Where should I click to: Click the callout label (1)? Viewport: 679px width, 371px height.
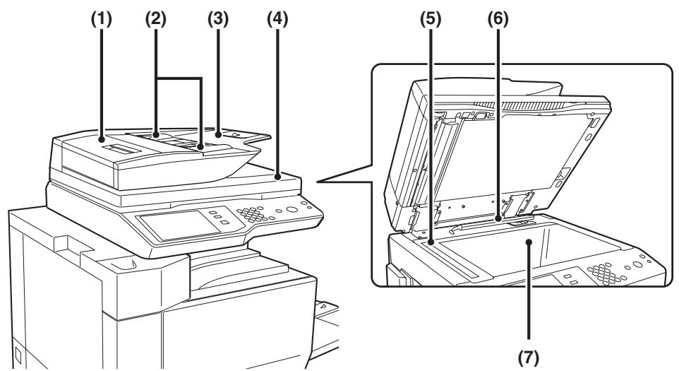102,19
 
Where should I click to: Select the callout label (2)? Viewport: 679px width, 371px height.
155,19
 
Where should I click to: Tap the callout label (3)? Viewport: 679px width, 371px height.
217,19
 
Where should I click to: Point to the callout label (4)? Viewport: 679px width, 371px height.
277,19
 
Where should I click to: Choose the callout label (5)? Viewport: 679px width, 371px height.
430,19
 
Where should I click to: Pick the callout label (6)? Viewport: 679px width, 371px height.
498,19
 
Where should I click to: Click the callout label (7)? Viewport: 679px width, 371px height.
529,358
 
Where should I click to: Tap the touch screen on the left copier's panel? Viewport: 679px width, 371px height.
179,225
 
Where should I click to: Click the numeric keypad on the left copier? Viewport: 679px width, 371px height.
253,214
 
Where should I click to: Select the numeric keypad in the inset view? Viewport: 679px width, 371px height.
606,273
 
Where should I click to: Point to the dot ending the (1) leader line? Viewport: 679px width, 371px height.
102,139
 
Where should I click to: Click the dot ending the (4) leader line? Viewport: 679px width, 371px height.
277,177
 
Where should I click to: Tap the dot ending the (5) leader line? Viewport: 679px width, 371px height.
431,243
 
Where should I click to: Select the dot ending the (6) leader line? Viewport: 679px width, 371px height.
498,219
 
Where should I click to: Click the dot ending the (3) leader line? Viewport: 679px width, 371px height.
218,135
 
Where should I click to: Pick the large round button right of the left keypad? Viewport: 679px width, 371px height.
292,209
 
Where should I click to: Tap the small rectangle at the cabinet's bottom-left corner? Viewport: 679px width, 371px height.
18,355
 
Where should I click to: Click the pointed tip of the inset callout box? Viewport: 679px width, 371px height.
318,182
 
